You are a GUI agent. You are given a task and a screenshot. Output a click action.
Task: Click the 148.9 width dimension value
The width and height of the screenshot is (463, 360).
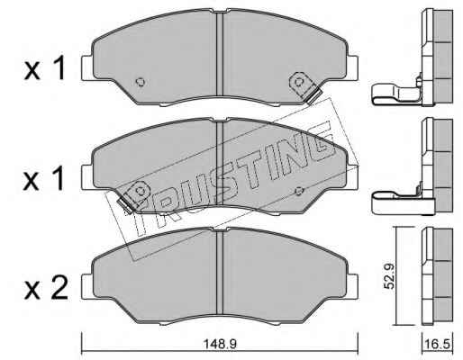(220, 344)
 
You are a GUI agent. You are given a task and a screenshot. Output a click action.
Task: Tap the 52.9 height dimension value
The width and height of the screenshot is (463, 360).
(390, 276)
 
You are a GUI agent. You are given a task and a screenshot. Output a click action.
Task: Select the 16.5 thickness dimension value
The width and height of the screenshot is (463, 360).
(439, 344)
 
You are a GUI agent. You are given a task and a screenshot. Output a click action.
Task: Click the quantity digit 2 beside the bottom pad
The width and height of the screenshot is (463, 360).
(59, 287)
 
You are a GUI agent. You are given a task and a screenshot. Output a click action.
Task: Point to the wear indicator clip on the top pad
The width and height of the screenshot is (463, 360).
(304, 87)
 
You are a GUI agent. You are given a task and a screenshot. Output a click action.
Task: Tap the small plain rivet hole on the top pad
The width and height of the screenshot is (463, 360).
(141, 82)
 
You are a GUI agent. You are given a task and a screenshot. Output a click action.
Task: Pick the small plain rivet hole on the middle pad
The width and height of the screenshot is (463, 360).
(299, 191)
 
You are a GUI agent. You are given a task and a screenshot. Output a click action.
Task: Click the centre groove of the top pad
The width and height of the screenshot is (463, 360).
(220, 55)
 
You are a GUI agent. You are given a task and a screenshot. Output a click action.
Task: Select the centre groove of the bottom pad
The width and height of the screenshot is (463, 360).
(220, 273)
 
